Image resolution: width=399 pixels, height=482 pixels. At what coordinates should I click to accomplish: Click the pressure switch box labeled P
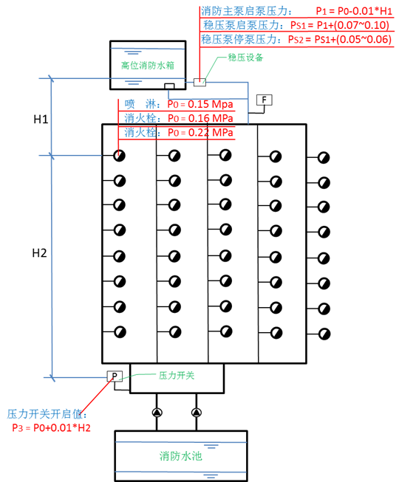[115, 376]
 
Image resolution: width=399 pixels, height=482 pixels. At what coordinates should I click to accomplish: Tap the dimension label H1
[41, 119]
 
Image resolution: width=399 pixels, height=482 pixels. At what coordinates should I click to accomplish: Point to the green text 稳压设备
[245, 57]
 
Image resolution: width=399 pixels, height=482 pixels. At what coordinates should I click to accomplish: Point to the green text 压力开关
[176, 376]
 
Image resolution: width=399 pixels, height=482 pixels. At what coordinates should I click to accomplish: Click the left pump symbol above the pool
[157, 413]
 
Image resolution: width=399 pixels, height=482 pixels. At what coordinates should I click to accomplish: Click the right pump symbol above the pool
[196, 413]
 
